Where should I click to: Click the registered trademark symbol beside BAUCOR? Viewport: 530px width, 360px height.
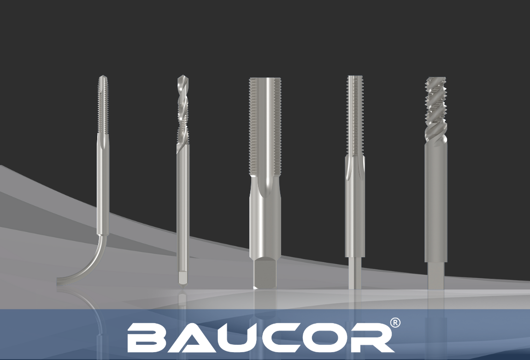(x=395, y=323)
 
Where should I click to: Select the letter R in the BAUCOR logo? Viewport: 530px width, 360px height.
(x=372, y=337)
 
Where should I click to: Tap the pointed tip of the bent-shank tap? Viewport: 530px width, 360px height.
(x=102, y=77)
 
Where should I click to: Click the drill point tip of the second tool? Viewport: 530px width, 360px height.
(x=181, y=77)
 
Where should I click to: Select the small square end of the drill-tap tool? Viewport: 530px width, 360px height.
(x=183, y=278)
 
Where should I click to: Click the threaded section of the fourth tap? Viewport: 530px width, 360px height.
(x=354, y=115)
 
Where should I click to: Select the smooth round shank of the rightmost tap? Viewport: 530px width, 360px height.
(x=436, y=203)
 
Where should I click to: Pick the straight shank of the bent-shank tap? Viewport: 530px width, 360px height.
(x=102, y=184)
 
